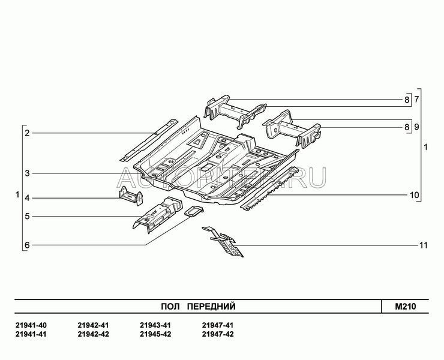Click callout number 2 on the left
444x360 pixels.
27,133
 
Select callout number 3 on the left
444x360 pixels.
27,174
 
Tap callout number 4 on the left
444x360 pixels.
27,197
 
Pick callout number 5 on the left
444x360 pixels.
27,216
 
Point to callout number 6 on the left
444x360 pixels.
27,245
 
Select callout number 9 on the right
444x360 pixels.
416,127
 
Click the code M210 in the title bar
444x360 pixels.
406,307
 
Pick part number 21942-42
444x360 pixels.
93,334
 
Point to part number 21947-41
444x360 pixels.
218,325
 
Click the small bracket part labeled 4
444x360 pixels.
130,195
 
